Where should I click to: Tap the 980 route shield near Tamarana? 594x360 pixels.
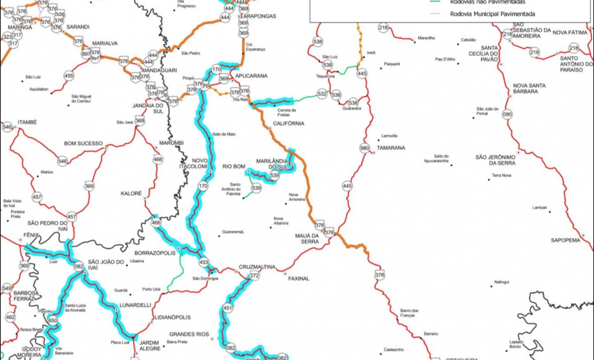pos(364,147)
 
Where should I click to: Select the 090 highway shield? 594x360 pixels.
pos(507,114)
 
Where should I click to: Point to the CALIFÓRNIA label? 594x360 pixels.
pos(288,123)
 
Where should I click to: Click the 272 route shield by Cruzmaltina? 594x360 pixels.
pos(254,276)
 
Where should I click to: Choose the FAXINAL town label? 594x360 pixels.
pos(295,278)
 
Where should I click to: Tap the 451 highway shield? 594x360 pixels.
pos(228,307)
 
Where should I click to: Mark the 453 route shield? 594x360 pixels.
pos(204,263)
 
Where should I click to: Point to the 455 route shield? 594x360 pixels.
pos(69,76)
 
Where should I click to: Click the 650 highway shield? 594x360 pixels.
pos(53,320)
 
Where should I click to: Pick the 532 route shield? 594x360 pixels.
pos(322,94)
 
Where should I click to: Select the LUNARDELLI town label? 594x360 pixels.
pos(134,304)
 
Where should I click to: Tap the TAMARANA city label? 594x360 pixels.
pos(391,148)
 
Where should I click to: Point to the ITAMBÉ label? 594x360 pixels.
pos(28,122)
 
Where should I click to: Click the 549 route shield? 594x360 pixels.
pos(7,287)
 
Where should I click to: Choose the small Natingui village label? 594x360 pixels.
pos(501,282)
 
